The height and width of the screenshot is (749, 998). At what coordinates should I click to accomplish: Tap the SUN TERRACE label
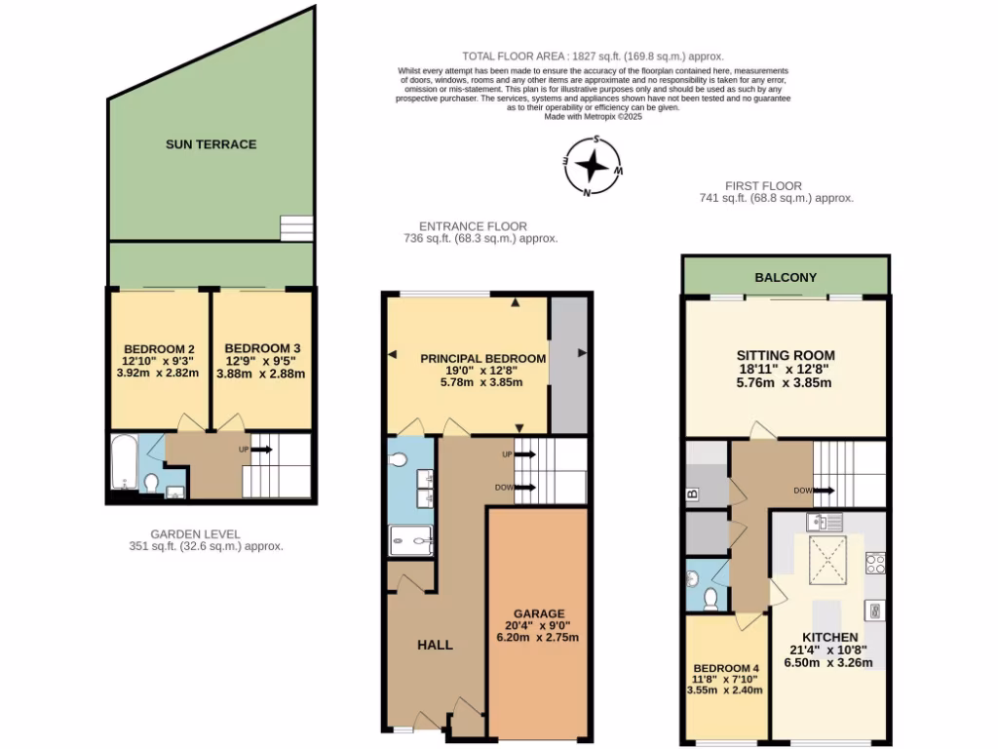(211, 144)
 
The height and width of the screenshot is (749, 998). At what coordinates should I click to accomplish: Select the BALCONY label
(786, 277)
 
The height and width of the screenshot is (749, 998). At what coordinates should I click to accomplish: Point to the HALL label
(435, 645)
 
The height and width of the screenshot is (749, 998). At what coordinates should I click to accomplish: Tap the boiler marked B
(693, 494)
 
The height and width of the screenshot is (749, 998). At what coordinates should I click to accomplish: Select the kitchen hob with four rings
(875, 563)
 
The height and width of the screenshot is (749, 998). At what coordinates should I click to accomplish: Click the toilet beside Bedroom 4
(711, 596)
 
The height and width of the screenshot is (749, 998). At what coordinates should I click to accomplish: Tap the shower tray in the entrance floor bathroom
(410, 539)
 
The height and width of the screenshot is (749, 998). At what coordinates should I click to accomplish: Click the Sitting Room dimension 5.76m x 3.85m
(785, 383)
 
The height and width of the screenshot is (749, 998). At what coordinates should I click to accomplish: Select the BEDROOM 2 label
(159, 348)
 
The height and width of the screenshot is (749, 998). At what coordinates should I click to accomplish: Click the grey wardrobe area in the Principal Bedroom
(568, 365)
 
